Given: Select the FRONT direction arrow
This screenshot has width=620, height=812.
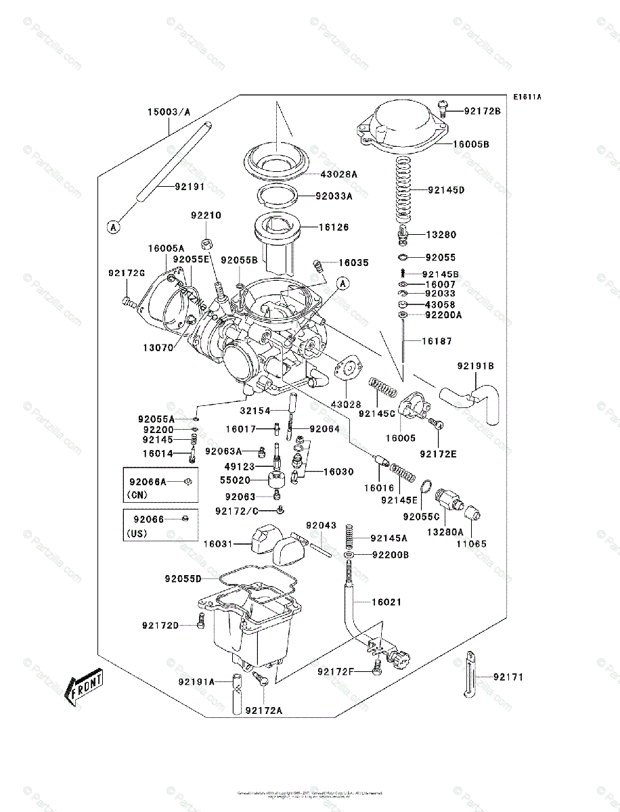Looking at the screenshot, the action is pos(84,685).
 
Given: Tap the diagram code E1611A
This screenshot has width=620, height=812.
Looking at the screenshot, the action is pos(527,97).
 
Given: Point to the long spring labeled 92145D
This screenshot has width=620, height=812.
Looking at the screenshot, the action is pos(405,191).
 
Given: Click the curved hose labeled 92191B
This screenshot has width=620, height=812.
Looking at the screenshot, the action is pos(478,399).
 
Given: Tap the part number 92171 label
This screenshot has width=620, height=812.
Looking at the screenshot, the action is pos(508,677).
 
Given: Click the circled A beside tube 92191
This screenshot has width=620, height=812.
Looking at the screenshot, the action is pos(113,227).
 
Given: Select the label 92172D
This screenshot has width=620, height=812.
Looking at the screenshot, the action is pos(160,625).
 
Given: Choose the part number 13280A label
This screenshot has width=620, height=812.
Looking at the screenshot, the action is pos(444,532).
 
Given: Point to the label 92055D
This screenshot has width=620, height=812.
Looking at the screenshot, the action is pos(183,579).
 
